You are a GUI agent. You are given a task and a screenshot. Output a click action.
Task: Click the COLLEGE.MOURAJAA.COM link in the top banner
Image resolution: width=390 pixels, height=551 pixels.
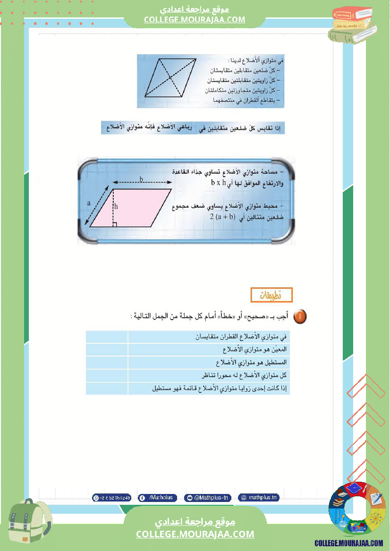[x=195, y=19]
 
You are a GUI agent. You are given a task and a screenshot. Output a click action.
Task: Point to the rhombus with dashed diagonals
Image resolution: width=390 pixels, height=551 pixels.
[x=170, y=77]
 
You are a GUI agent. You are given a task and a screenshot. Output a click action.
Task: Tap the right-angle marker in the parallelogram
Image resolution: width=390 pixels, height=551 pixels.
[x=115, y=224]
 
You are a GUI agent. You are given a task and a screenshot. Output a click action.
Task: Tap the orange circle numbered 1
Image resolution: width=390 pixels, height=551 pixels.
[x=300, y=316]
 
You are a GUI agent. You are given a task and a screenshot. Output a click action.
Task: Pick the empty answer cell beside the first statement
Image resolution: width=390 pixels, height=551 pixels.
[x=107, y=337]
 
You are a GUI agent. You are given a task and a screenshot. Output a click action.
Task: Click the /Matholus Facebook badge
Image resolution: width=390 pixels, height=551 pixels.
[x=158, y=498]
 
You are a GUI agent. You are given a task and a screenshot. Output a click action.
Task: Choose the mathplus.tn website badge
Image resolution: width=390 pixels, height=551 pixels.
[x=258, y=498]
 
